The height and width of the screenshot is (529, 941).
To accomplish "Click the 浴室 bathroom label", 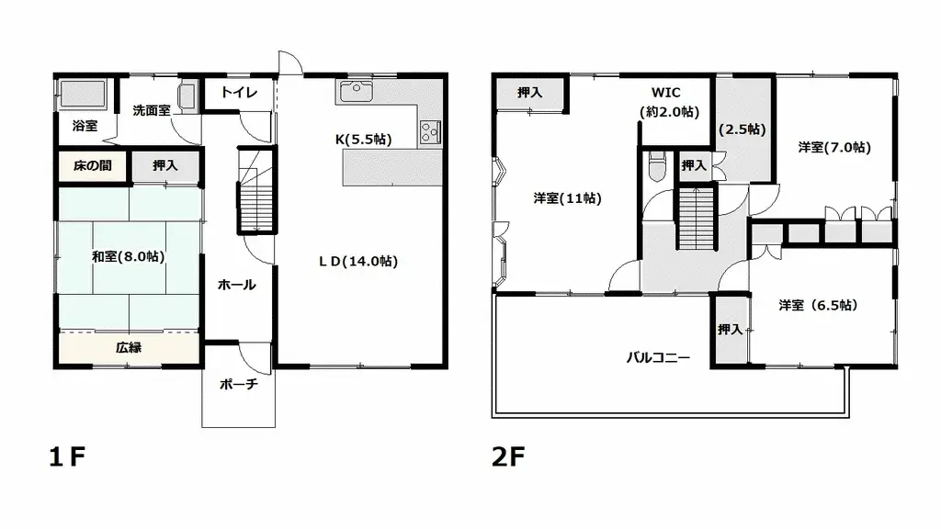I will pyautogui.click(x=85, y=126).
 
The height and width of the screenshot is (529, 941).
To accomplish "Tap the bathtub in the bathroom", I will pyautogui.click(x=85, y=94).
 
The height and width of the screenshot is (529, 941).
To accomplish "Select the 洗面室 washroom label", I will pyautogui.click(x=151, y=110).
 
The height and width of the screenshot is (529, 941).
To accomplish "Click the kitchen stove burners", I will pyautogui.click(x=429, y=132).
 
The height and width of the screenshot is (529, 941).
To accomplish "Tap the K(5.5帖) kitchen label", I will pyautogui.click(x=363, y=140).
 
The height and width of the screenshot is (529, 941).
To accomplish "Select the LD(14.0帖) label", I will pyautogui.click(x=358, y=261).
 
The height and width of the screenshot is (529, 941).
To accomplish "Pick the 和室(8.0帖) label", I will pyautogui.click(x=128, y=256).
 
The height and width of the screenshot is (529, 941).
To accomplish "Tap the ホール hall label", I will pyautogui.click(x=236, y=285).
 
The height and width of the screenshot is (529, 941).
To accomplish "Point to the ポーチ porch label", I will pyautogui.click(x=237, y=385).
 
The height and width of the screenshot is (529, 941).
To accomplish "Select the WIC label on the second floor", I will pyautogui.click(x=669, y=93).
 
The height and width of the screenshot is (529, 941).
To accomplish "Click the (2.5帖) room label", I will pyautogui.click(x=743, y=129).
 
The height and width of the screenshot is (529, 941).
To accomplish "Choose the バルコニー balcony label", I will pyautogui.click(x=658, y=356).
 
